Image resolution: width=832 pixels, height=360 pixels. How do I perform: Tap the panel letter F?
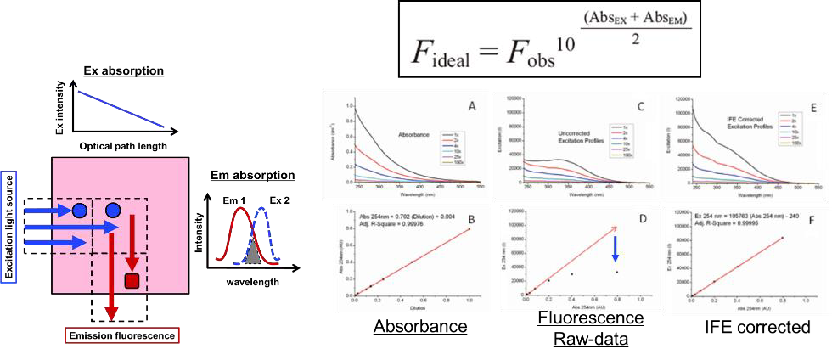796,224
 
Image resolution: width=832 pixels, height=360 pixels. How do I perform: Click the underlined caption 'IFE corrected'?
739,326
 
